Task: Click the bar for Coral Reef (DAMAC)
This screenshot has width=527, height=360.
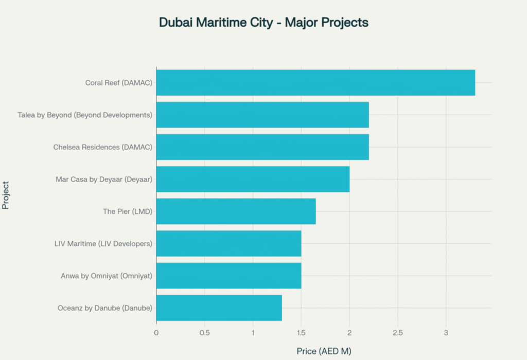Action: (315, 83)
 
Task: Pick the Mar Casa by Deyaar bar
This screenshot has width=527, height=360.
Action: (253, 179)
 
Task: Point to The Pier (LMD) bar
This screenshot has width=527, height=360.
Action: (236, 211)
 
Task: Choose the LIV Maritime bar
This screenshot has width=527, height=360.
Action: (229, 243)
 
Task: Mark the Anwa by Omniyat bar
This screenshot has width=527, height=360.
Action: (229, 276)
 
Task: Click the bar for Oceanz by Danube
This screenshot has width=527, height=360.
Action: (219, 308)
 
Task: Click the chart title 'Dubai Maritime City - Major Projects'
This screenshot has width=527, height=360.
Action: (263, 23)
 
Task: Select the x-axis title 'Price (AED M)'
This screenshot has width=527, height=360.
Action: (324, 351)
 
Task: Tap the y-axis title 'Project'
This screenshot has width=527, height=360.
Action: (6, 195)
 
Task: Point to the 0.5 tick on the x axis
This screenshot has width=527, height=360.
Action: (204, 333)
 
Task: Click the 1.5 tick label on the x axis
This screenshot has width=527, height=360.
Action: (301, 333)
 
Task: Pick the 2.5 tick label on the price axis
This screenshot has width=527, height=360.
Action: (397, 333)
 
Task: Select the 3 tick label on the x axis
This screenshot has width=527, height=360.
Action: (446, 333)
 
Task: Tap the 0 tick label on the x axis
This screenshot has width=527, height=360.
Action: (156, 333)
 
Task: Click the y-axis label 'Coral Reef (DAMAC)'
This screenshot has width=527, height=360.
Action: (119, 83)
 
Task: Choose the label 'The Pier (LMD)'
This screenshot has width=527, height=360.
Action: (128, 211)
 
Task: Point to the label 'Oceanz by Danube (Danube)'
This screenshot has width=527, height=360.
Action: (105, 308)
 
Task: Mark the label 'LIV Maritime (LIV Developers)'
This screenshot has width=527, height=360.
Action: (103, 243)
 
